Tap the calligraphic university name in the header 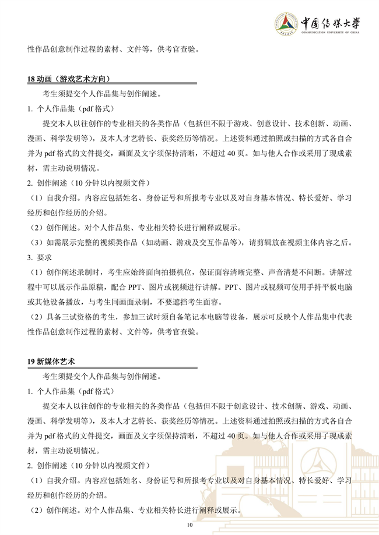pyautogui.click(x=331, y=22)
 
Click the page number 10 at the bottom pyautogui.click(x=189, y=525)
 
